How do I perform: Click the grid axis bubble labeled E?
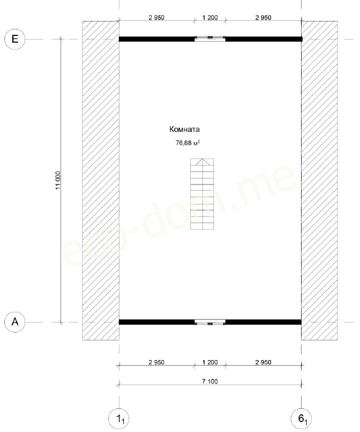15,39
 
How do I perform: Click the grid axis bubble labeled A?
15,322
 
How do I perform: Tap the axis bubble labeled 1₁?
119,419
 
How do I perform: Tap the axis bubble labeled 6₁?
302,419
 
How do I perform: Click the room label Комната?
184,129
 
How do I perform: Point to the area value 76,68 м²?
188,143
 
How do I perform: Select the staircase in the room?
202,194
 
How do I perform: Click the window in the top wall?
210,39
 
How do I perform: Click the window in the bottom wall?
210,323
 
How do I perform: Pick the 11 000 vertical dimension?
58,181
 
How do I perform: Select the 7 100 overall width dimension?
210,382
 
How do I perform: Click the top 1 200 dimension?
210,17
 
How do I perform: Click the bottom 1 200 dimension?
210,362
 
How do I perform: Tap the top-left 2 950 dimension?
156,17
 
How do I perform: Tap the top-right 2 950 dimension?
264,17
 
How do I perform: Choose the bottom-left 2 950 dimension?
156,362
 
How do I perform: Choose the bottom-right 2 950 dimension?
264,362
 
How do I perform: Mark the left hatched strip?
101,181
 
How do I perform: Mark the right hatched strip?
319,181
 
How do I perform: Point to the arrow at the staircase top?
203,162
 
